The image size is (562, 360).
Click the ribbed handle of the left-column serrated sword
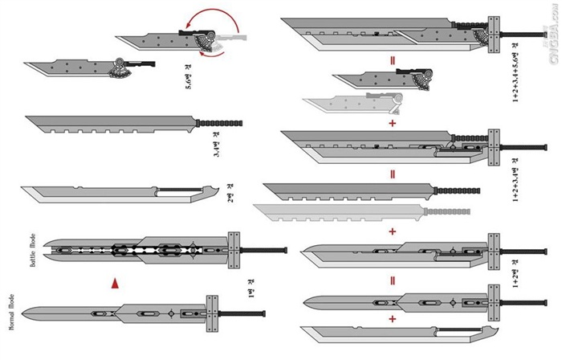[218, 123]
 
